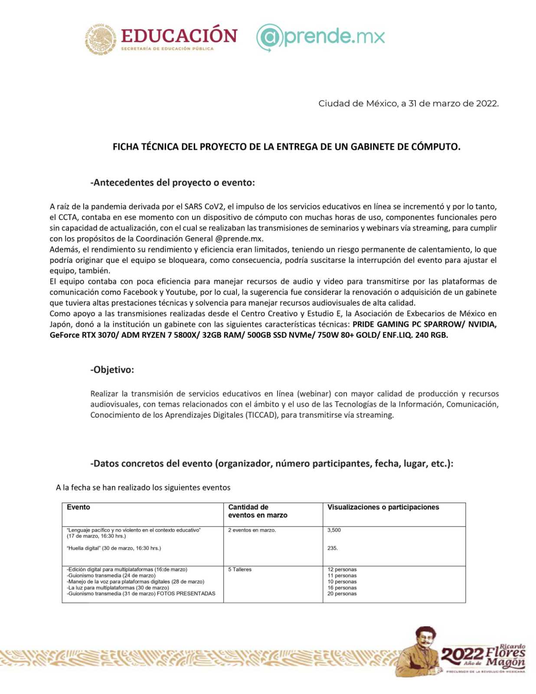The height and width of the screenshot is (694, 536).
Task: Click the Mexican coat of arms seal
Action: [x=101, y=39]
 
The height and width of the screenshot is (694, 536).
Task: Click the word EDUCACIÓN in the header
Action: [x=179, y=36]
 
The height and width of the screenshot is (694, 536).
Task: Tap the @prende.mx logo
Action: [x=320, y=37]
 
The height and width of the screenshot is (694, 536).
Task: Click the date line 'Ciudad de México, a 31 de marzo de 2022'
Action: [x=408, y=104]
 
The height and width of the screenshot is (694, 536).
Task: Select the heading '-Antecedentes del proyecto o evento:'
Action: [x=173, y=183]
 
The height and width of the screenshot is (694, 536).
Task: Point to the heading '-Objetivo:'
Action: [x=112, y=370]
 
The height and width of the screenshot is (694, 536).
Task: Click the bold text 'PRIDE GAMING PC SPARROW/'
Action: [x=408, y=324]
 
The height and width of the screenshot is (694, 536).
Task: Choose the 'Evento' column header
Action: [x=78, y=507]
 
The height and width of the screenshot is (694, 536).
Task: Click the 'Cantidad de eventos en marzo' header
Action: [x=258, y=511]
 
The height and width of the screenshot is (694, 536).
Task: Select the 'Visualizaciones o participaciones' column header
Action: [x=383, y=507]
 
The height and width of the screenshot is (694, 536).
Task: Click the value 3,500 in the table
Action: [x=334, y=530]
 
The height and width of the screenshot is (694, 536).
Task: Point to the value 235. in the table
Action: [x=333, y=548]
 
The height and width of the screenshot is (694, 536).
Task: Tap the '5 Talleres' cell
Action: [x=240, y=570]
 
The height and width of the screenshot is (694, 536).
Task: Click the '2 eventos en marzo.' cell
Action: [x=252, y=530]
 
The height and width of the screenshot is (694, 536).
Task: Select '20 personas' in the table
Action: [x=342, y=594]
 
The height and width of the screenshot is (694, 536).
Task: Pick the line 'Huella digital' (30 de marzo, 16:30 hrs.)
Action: [x=114, y=548]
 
